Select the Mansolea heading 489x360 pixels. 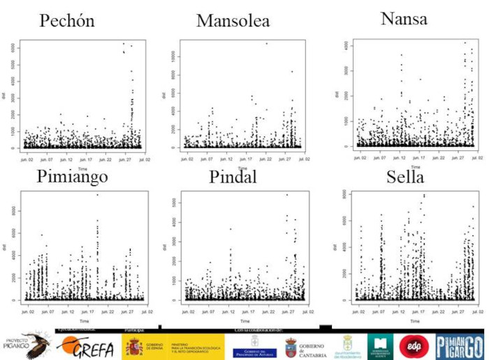click(233, 21)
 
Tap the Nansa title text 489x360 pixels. click(404, 19)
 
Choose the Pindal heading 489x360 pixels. click(233, 177)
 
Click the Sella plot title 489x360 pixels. click(405, 177)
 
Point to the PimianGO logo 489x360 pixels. click(459, 345)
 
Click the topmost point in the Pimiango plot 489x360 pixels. click(98, 195)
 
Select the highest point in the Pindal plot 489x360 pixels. click(286, 195)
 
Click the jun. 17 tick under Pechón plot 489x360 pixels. click(85, 159)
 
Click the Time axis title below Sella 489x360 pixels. click(415, 322)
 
